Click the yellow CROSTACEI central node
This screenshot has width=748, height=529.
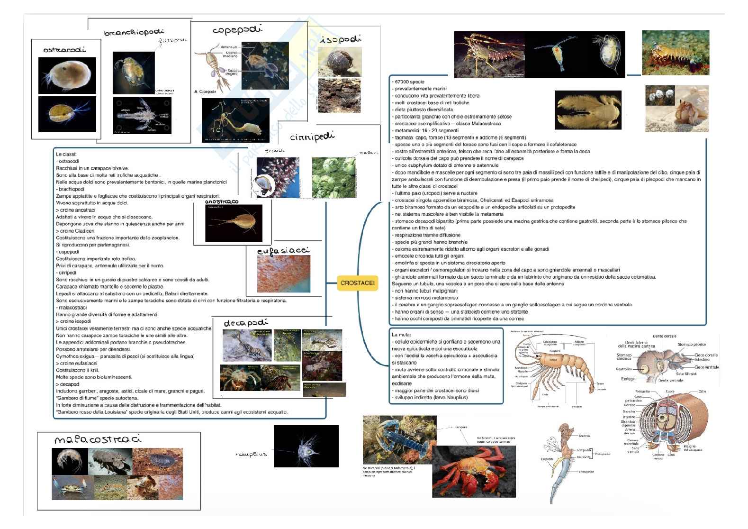[x=357, y=283]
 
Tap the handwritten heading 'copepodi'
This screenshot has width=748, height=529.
[x=237, y=30]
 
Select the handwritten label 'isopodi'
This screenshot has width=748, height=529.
[x=340, y=39]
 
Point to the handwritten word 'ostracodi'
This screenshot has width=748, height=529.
[x=64, y=49]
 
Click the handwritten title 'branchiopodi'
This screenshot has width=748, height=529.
[x=134, y=33]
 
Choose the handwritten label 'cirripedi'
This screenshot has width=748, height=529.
[x=312, y=137]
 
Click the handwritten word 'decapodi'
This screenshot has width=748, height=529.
[x=245, y=323]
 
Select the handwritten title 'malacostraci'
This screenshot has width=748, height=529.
[x=98, y=439]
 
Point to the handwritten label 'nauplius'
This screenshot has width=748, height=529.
[x=251, y=454]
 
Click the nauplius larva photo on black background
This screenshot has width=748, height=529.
[x=306, y=446]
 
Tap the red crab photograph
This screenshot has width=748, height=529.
[x=469, y=471]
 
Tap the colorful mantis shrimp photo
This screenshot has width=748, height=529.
[x=675, y=53]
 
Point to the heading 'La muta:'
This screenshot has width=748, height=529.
[x=401, y=335]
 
